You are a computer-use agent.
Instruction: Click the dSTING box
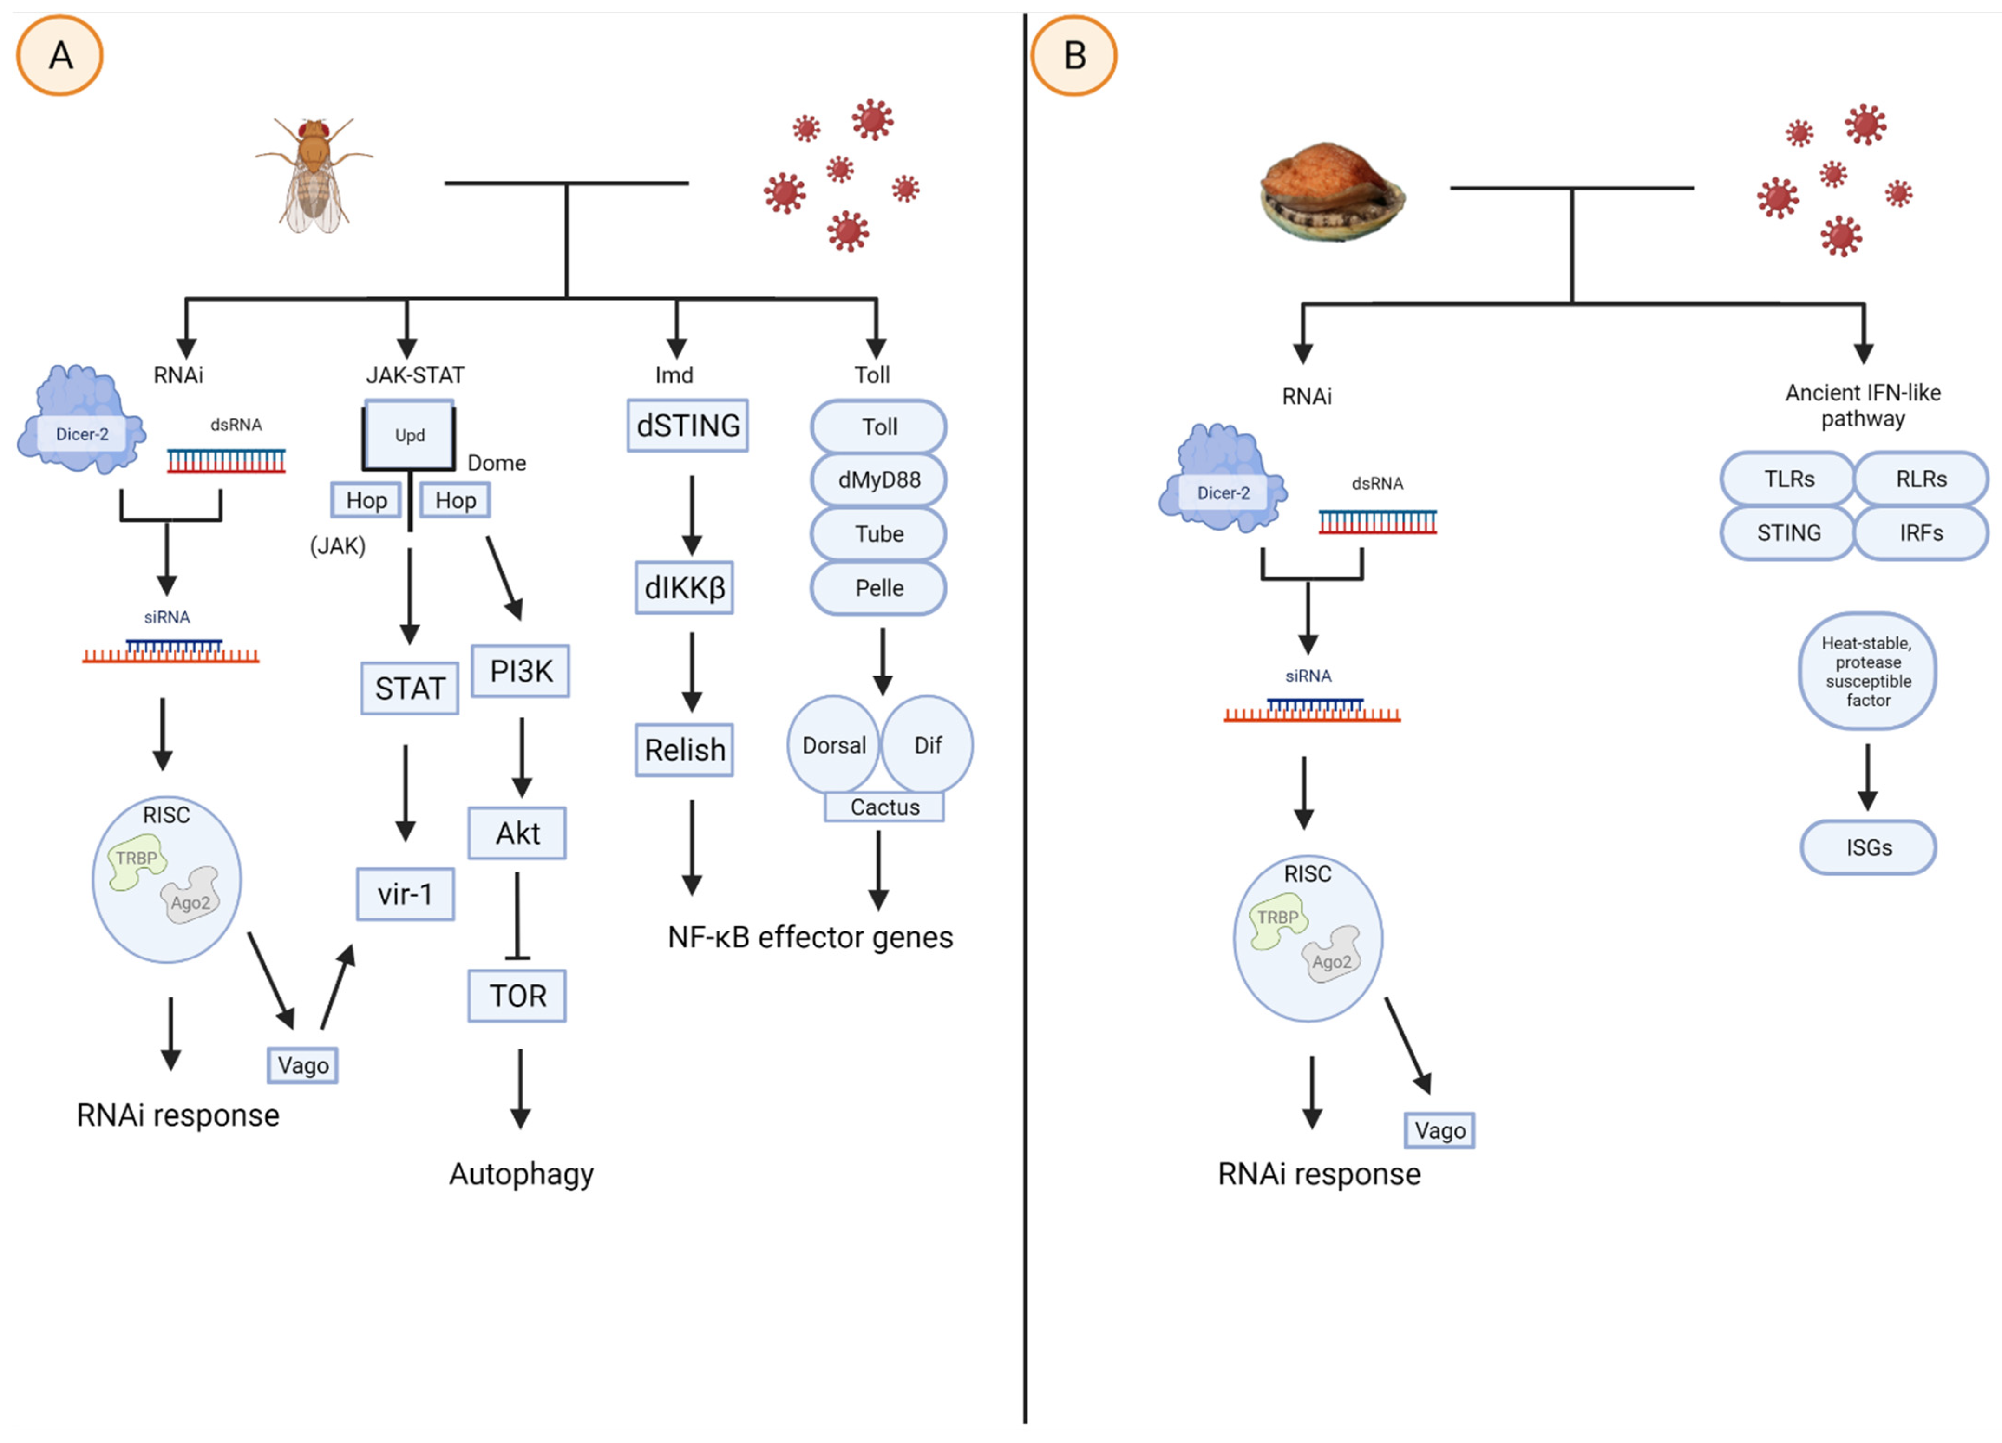[x=687, y=426]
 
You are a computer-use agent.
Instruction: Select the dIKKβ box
[x=684, y=587]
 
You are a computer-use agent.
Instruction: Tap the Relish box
[x=684, y=750]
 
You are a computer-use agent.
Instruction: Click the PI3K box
[x=520, y=671]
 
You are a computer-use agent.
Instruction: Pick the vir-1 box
[x=405, y=895]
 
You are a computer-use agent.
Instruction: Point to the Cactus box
[x=884, y=807]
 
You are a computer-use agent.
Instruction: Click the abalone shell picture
[x=1331, y=192]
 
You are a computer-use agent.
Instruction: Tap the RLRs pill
[x=1921, y=479]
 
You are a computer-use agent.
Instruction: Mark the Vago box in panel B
[x=1439, y=1130]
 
